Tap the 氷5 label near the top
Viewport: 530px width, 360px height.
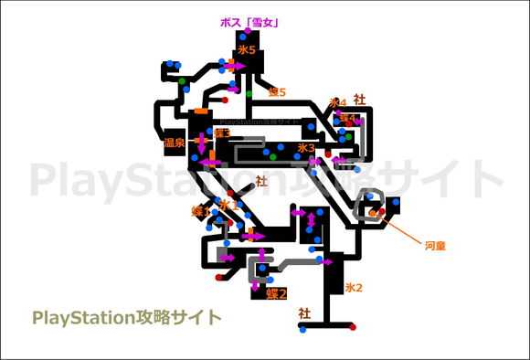click(246, 48)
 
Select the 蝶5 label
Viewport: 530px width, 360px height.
click(277, 92)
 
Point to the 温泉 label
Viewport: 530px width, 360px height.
click(174, 143)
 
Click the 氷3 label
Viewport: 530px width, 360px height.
click(306, 147)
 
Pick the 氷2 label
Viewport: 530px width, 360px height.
click(354, 288)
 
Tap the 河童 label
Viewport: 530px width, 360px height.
click(435, 245)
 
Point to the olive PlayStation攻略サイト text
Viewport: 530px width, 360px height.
click(127, 317)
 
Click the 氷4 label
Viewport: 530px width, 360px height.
click(338, 103)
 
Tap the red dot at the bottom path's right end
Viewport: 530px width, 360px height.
click(353, 325)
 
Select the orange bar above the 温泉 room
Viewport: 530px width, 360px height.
click(199, 111)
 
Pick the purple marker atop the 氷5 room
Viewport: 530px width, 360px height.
click(242, 37)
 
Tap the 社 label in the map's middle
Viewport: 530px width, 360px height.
click(262, 181)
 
